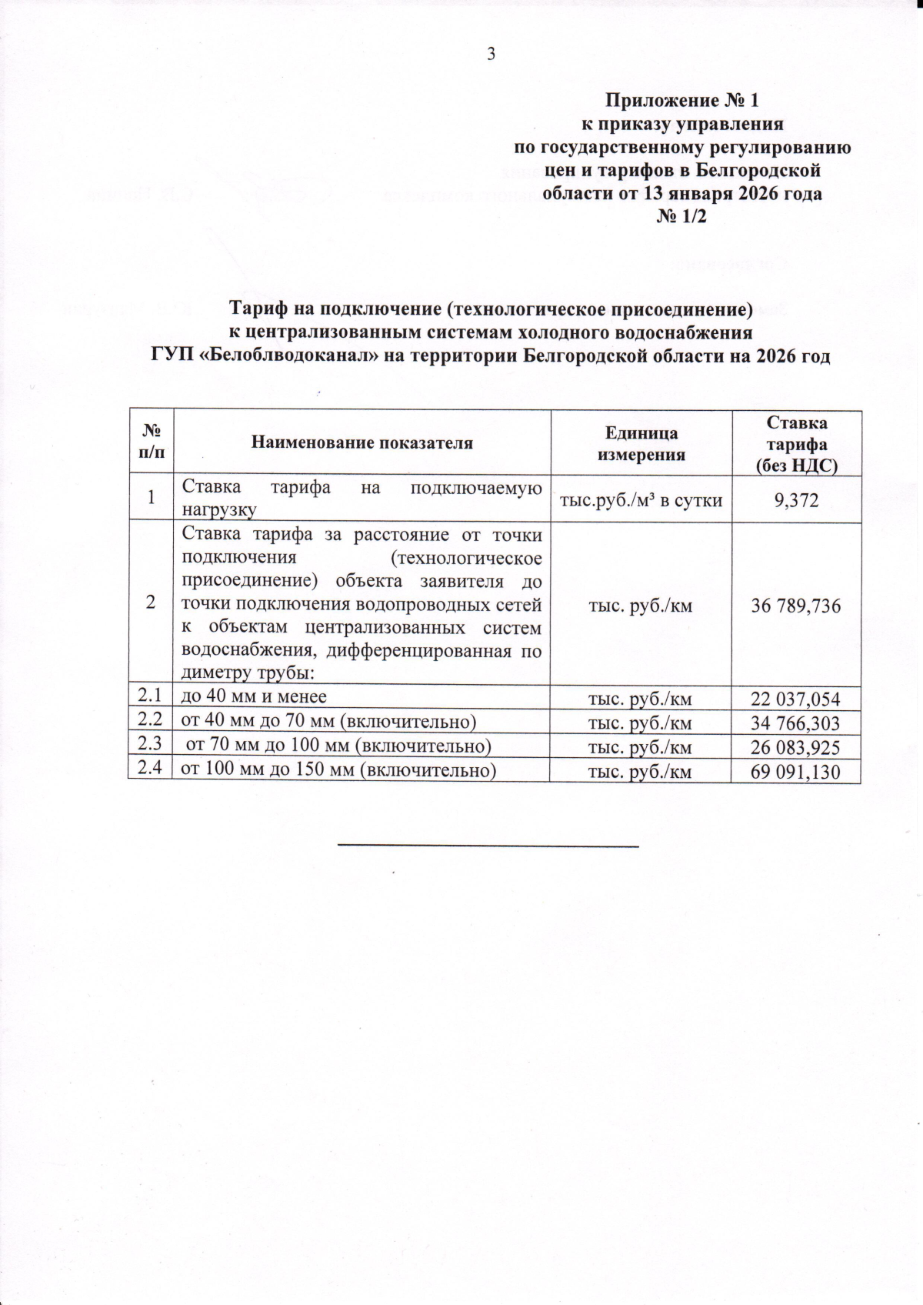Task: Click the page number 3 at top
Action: (491, 54)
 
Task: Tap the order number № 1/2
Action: (681, 217)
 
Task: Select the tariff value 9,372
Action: (796, 501)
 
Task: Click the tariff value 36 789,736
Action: (796, 606)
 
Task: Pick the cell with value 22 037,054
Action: (796, 699)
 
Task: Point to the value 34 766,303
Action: (796, 723)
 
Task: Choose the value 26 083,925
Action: (796, 748)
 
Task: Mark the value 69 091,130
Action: (796, 773)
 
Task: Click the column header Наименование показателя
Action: (362, 443)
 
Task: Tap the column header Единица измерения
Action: (641, 443)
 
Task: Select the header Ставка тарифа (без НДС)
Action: (796, 444)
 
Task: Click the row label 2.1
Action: (150, 696)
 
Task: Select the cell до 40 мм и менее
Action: (254, 697)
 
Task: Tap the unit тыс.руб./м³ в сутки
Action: (641, 501)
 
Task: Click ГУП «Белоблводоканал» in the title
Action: (262, 357)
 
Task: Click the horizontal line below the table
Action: (488, 846)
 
